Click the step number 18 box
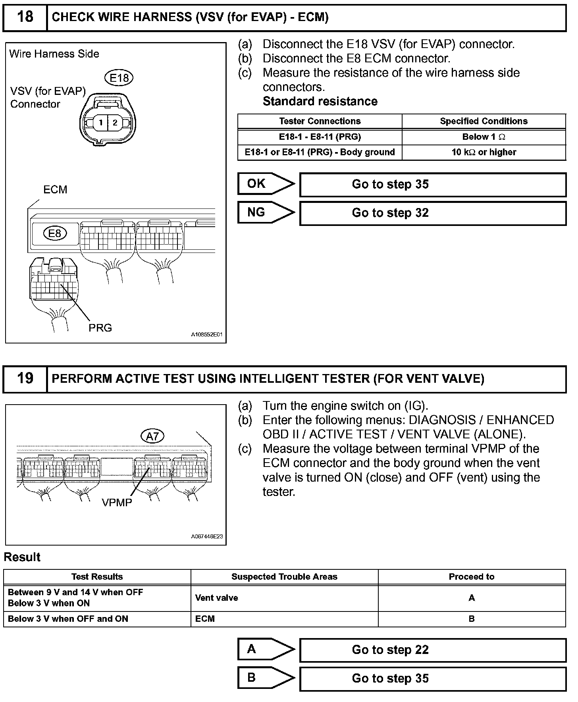pos(25,17)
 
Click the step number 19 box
pos(25,378)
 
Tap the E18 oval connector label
pos(119,78)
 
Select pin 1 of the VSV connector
pos(101,122)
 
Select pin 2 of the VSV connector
pos(115,122)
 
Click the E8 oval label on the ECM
pos(55,233)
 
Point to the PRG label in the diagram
pos(100,328)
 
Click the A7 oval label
pos(152,436)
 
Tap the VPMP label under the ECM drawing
pos(117,503)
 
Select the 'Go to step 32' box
pos(433,213)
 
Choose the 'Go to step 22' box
pos(433,650)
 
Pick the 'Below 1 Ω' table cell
pos(484,137)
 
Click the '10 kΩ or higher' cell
pos(484,152)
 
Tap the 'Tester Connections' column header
pos(320,121)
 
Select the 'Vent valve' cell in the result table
pos(217,598)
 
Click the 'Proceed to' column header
pos(471,577)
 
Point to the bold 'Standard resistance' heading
pos(320,102)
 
